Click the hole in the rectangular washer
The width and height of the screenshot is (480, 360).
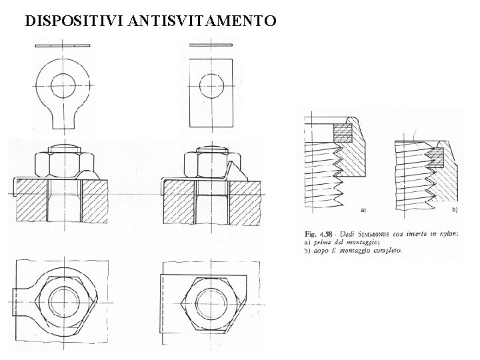click(213, 85)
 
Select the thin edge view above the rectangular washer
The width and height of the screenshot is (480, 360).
click(211, 45)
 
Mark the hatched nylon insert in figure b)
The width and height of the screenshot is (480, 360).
click(436, 157)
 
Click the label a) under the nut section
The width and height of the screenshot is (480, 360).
click(364, 209)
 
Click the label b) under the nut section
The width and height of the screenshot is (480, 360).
click(454, 209)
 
